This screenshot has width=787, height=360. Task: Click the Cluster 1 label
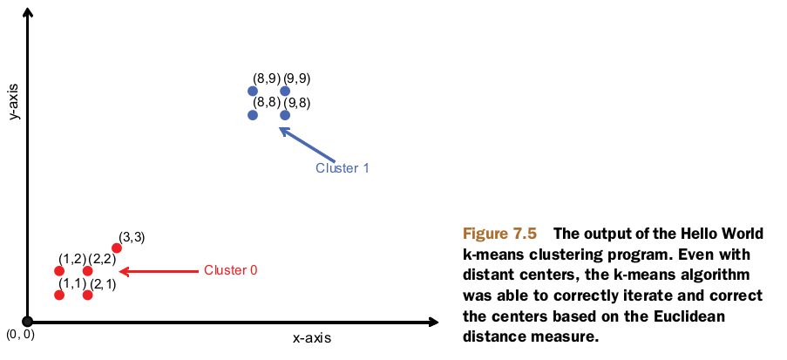[342, 168]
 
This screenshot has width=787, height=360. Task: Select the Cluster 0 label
[230, 270]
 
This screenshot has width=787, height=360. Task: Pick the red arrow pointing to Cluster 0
[157, 271]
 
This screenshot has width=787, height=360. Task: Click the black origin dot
[28, 322]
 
